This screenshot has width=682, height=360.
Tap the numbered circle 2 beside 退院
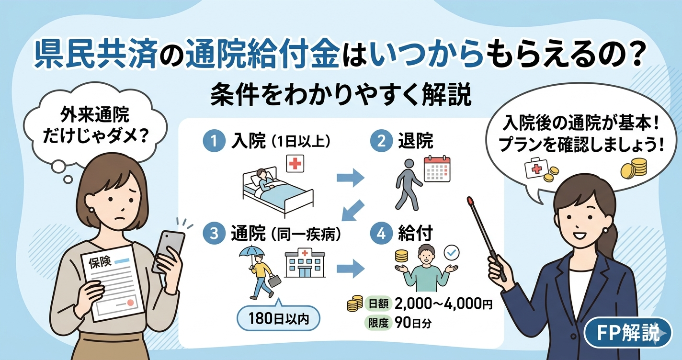[380, 141]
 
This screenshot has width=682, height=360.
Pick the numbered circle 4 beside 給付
[380, 234]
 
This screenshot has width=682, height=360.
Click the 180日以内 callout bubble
[279, 318]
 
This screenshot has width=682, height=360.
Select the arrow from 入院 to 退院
[350, 178]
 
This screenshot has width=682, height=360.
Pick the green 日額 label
[378, 304]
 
